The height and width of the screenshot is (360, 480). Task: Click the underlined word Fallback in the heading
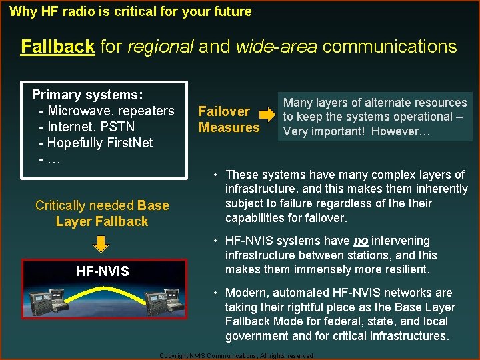coord(57,47)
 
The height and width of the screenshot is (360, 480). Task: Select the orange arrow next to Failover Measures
coord(267,116)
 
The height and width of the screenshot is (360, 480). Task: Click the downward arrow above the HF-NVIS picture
coord(100,244)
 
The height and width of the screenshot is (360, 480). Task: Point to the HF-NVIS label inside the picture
coord(103,271)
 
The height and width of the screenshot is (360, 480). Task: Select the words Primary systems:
coord(87,95)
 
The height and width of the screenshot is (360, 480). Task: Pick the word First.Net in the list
coord(129,143)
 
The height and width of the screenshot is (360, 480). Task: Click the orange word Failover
coord(224,111)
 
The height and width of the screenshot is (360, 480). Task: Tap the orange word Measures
coord(229,127)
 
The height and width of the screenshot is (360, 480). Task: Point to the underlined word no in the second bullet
coord(361,241)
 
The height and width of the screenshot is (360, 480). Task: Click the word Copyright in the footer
coord(175,356)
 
